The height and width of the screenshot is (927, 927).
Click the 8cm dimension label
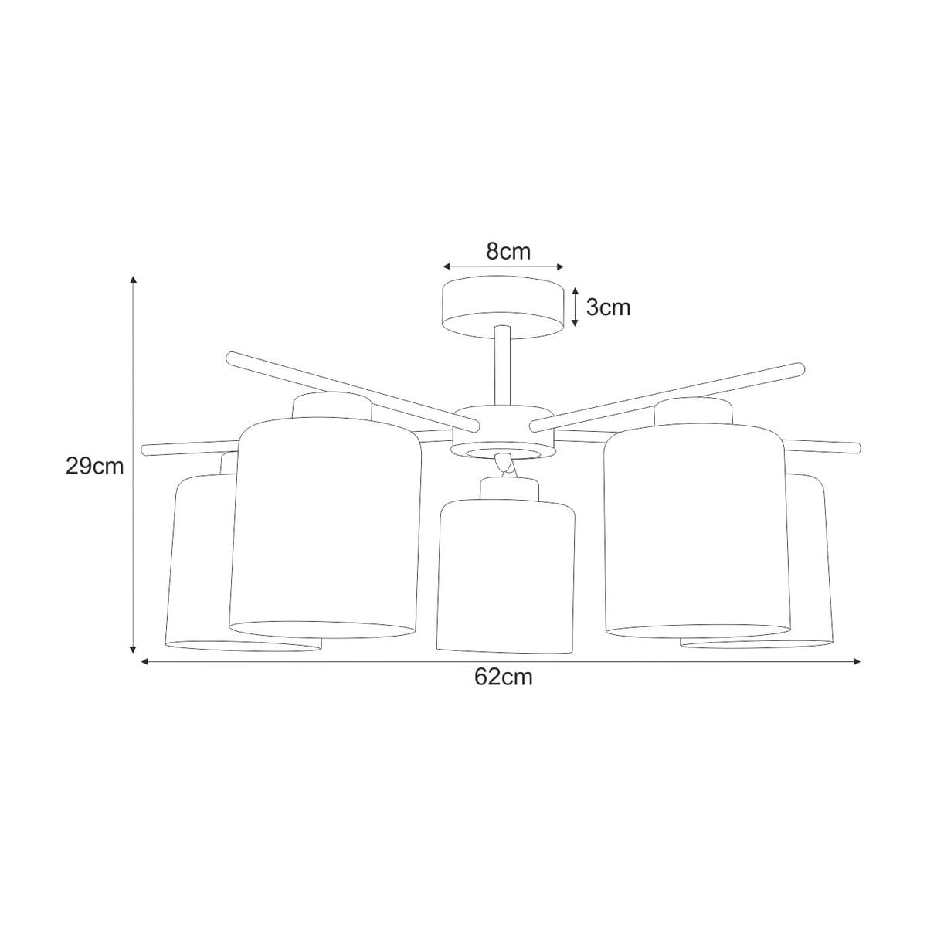point(508,251)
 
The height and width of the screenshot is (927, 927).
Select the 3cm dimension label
point(608,307)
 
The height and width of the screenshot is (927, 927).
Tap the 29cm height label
point(95,466)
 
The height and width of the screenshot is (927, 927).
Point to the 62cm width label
point(504,677)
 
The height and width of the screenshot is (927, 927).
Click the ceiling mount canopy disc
point(503,307)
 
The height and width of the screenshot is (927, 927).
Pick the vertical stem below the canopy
point(502,365)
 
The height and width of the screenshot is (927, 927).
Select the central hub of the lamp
point(503,432)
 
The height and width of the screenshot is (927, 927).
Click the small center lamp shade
point(505,576)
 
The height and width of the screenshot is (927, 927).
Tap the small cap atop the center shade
point(508,490)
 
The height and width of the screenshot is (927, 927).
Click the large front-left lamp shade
point(324,528)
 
